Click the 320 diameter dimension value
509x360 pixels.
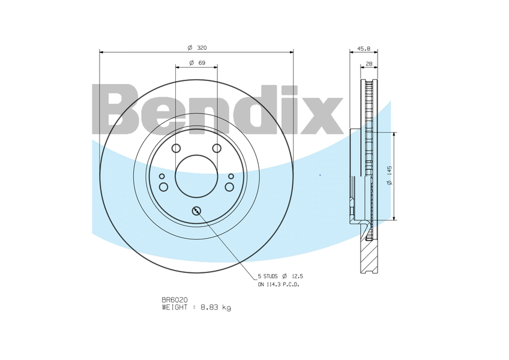pyautogui.click(x=202, y=48)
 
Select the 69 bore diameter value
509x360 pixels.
pyautogui.click(x=202, y=62)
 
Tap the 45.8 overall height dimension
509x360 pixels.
pyautogui.click(x=364, y=49)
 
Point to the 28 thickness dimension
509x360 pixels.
pyautogui.click(x=369, y=64)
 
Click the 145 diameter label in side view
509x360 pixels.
pyautogui.click(x=390, y=171)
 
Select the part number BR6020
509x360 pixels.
pyautogui.click(x=175, y=300)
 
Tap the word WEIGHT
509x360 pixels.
pyautogui.click(x=175, y=307)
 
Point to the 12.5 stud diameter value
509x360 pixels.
pyautogui.click(x=297, y=276)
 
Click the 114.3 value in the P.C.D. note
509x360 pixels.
pyautogui.click(x=272, y=284)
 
